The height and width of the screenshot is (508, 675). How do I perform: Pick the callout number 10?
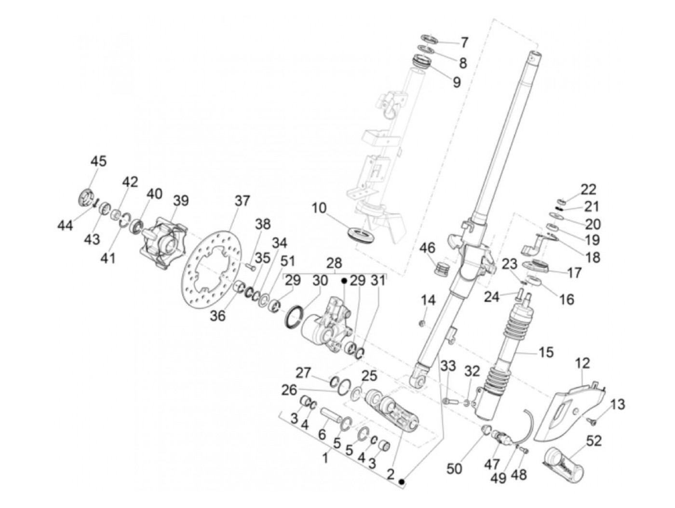click(x=319, y=209)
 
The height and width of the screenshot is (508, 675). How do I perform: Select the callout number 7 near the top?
click(x=464, y=43)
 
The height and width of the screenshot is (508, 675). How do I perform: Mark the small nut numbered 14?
click(x=423, y=323)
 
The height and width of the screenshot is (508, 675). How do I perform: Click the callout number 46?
click(x=427, y=248)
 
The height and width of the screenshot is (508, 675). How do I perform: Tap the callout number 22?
click(x=588, y=190)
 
